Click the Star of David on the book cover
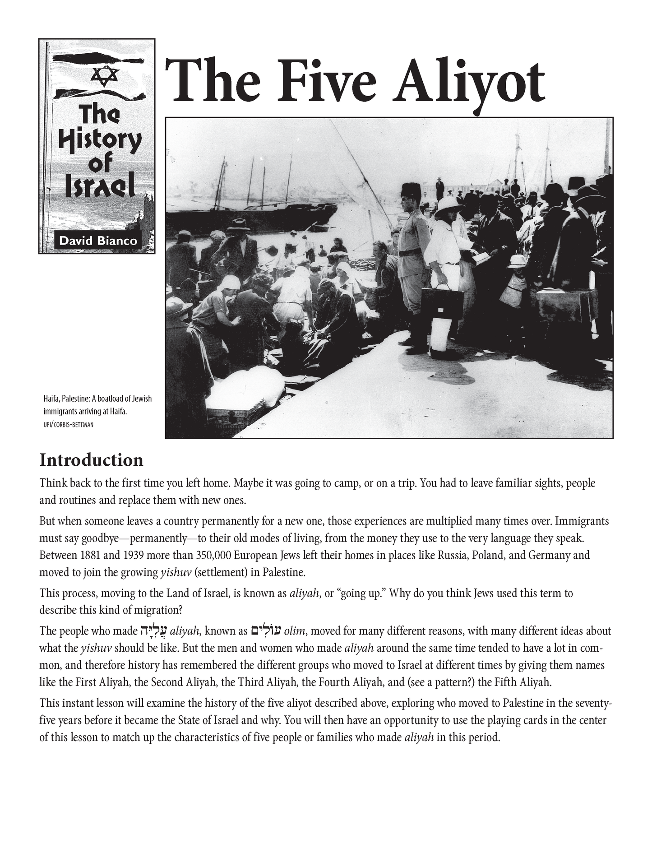[105, 76]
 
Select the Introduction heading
[91, 460]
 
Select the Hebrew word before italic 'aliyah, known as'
[149, 630]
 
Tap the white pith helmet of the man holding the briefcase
[449, 205]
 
